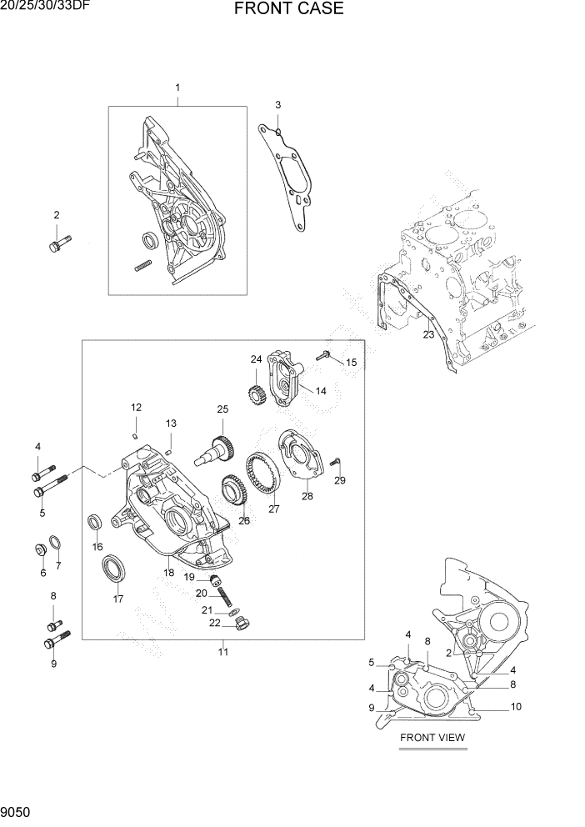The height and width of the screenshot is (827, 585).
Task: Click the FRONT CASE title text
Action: [x=288, y=10]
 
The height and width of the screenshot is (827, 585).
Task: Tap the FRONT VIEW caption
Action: [x=432, y=737]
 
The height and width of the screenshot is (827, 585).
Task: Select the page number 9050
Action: [x=17, y=811]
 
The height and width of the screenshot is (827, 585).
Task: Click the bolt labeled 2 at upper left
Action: [x=58, y=244]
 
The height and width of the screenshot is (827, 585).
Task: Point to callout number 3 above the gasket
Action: [x=277, y=105]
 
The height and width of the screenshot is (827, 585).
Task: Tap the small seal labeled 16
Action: [x=96, y=523]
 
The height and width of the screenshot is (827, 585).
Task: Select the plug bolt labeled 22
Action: [x=241, y=623]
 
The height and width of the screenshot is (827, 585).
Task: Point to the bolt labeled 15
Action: [x=326, y=356]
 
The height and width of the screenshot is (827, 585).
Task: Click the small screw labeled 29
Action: [x=335, y=461]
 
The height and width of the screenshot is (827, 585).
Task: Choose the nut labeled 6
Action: [x=40, y=549]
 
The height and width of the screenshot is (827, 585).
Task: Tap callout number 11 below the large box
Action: [x=223, y=652]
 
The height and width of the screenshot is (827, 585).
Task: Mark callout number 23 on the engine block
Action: [x=428, y=335]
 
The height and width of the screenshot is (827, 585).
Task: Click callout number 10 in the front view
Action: [x=516, y=707]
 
